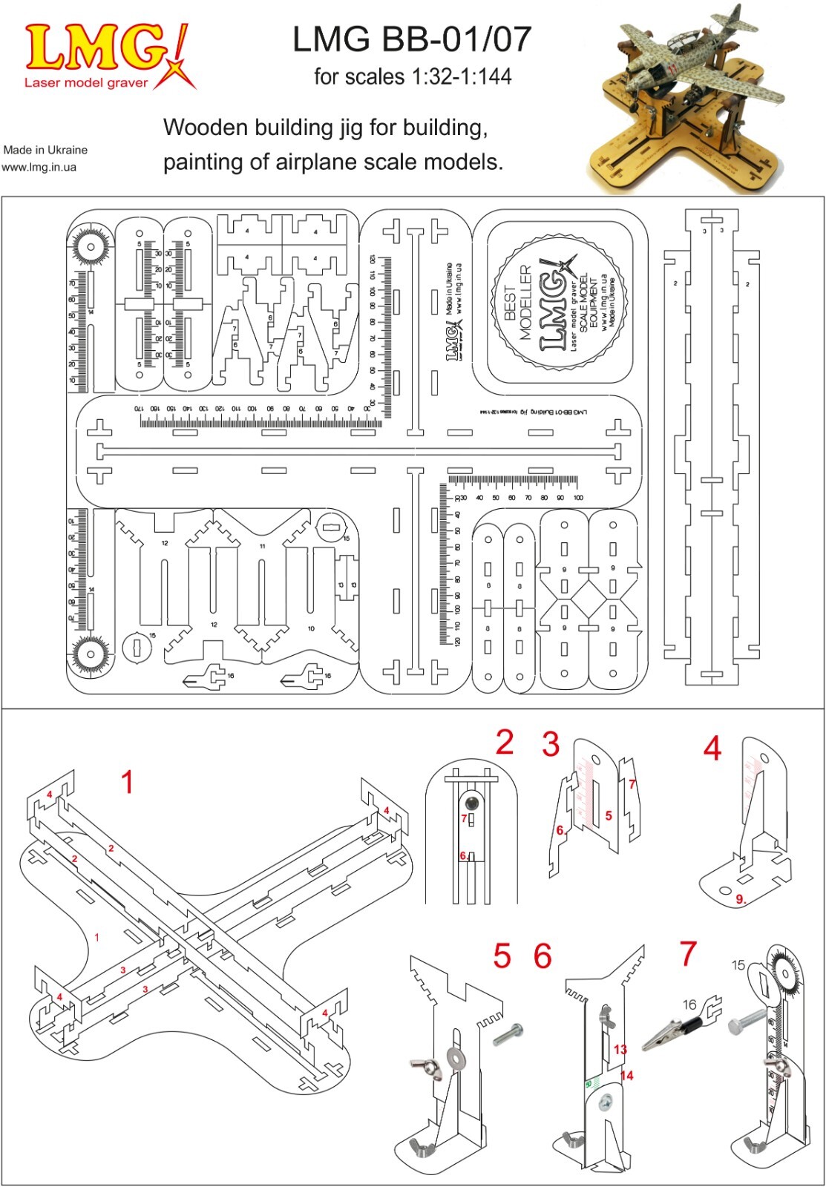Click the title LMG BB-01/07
[x=412, y=39]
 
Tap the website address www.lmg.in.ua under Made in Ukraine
[x=39, y=167]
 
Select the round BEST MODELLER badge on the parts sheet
[x=560, y=304]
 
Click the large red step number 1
[x=128, y=782]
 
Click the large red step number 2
[x=505, y=743]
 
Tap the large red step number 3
[x=551, y=745]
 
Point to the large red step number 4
[x=712, y=749]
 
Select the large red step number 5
[x=502, y=956]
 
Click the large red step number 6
[x=543, y=956]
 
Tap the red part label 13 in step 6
[x=620, y=1049]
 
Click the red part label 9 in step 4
[x=740, y=899]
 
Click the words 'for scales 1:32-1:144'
[x=413, y=76]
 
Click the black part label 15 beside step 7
[x=738, y=965]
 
